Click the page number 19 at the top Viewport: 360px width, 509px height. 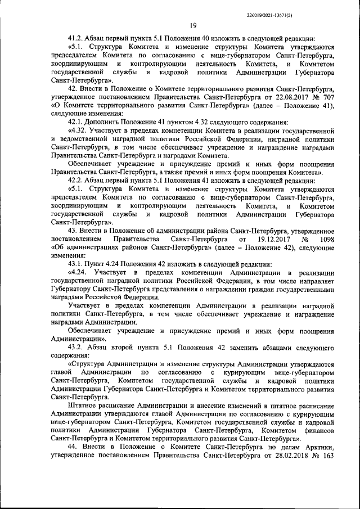click(193, 25)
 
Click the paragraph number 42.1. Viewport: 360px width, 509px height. click(75, 121)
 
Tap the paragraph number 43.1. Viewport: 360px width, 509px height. click(75, 264)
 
